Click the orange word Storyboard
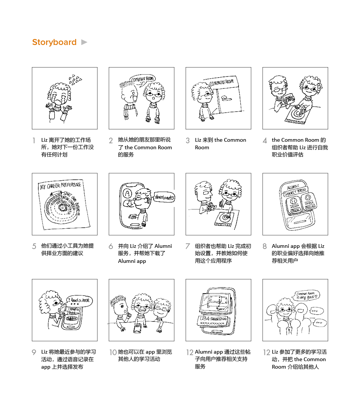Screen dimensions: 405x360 [x=54, y=42]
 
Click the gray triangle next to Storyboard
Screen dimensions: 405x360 [x=84, y=42]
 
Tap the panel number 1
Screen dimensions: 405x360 [x=34, y=141]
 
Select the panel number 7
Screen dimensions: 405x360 [x=187, y=247]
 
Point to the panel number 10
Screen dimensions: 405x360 [x=113, y=352]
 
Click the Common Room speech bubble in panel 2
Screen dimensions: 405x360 [x=142, y=79]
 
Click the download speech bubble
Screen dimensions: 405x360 [x=164, y=197]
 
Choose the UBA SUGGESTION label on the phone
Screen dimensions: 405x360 [x=212, y=319]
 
